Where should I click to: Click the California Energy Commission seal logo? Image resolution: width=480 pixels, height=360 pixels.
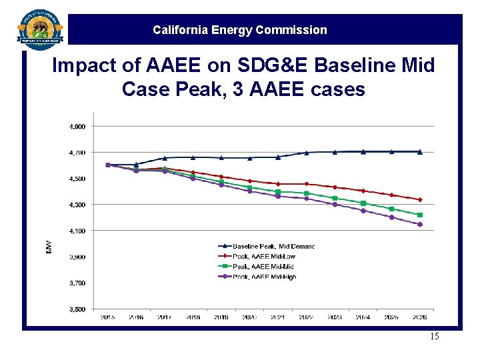tap(40, 29)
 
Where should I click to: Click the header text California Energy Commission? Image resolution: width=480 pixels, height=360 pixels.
tap(240, 30)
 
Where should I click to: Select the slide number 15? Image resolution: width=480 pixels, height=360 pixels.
tap(434, 336)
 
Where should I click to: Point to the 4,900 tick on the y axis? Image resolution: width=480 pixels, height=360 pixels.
tap(78, 126)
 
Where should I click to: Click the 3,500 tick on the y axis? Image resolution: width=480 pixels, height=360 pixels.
tap(78, 309)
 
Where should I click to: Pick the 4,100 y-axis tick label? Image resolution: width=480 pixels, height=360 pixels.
tap(78, 231)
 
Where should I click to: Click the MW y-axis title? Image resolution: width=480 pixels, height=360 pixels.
tap(48, 247)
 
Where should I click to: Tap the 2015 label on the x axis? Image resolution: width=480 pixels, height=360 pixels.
tap(107, 317)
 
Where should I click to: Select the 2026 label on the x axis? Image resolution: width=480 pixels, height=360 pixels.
tap(420, 317)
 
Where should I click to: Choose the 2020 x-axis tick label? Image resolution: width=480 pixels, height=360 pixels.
tap(250, 317)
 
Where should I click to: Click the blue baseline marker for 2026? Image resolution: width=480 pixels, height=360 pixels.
tap(420, 151)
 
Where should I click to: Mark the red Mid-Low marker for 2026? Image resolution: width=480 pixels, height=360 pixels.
tap(420, 199)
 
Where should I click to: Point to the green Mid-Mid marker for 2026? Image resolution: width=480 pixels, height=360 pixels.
tap(420, 215)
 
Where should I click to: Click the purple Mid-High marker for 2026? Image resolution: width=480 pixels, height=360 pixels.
tap(420, 225)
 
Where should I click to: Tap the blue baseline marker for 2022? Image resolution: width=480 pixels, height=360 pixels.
tap(307, 153)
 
